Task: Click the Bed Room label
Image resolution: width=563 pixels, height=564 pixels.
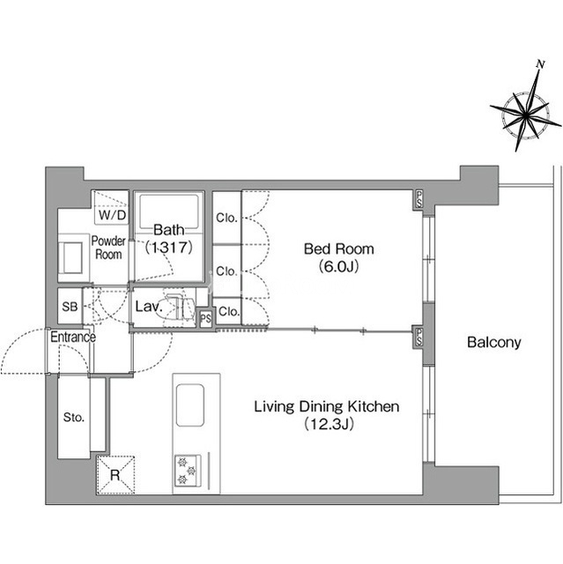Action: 338,249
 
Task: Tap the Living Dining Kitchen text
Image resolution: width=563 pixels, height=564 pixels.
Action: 327,406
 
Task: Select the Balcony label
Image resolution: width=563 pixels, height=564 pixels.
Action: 494,342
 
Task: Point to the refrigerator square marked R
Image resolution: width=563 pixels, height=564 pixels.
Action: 115,475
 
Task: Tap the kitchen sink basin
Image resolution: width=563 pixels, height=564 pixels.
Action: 190,405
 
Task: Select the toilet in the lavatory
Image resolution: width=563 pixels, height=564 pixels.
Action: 181,308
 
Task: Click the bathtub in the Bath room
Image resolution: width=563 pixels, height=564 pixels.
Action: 169,211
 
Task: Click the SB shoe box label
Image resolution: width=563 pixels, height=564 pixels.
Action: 70,307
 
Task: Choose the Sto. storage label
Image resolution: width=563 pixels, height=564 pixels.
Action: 74,417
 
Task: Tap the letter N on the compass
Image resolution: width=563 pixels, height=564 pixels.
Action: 540,64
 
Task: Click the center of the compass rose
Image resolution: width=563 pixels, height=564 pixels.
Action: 526,115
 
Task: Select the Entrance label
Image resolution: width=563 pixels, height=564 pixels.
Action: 73,337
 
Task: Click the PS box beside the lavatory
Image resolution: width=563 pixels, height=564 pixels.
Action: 206,319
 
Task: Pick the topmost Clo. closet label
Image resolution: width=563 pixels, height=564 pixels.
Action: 226,218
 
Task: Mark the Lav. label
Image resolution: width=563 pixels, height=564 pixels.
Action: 149,307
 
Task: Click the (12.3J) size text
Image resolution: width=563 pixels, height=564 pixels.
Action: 330,424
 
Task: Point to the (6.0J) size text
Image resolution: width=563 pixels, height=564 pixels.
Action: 338,266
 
